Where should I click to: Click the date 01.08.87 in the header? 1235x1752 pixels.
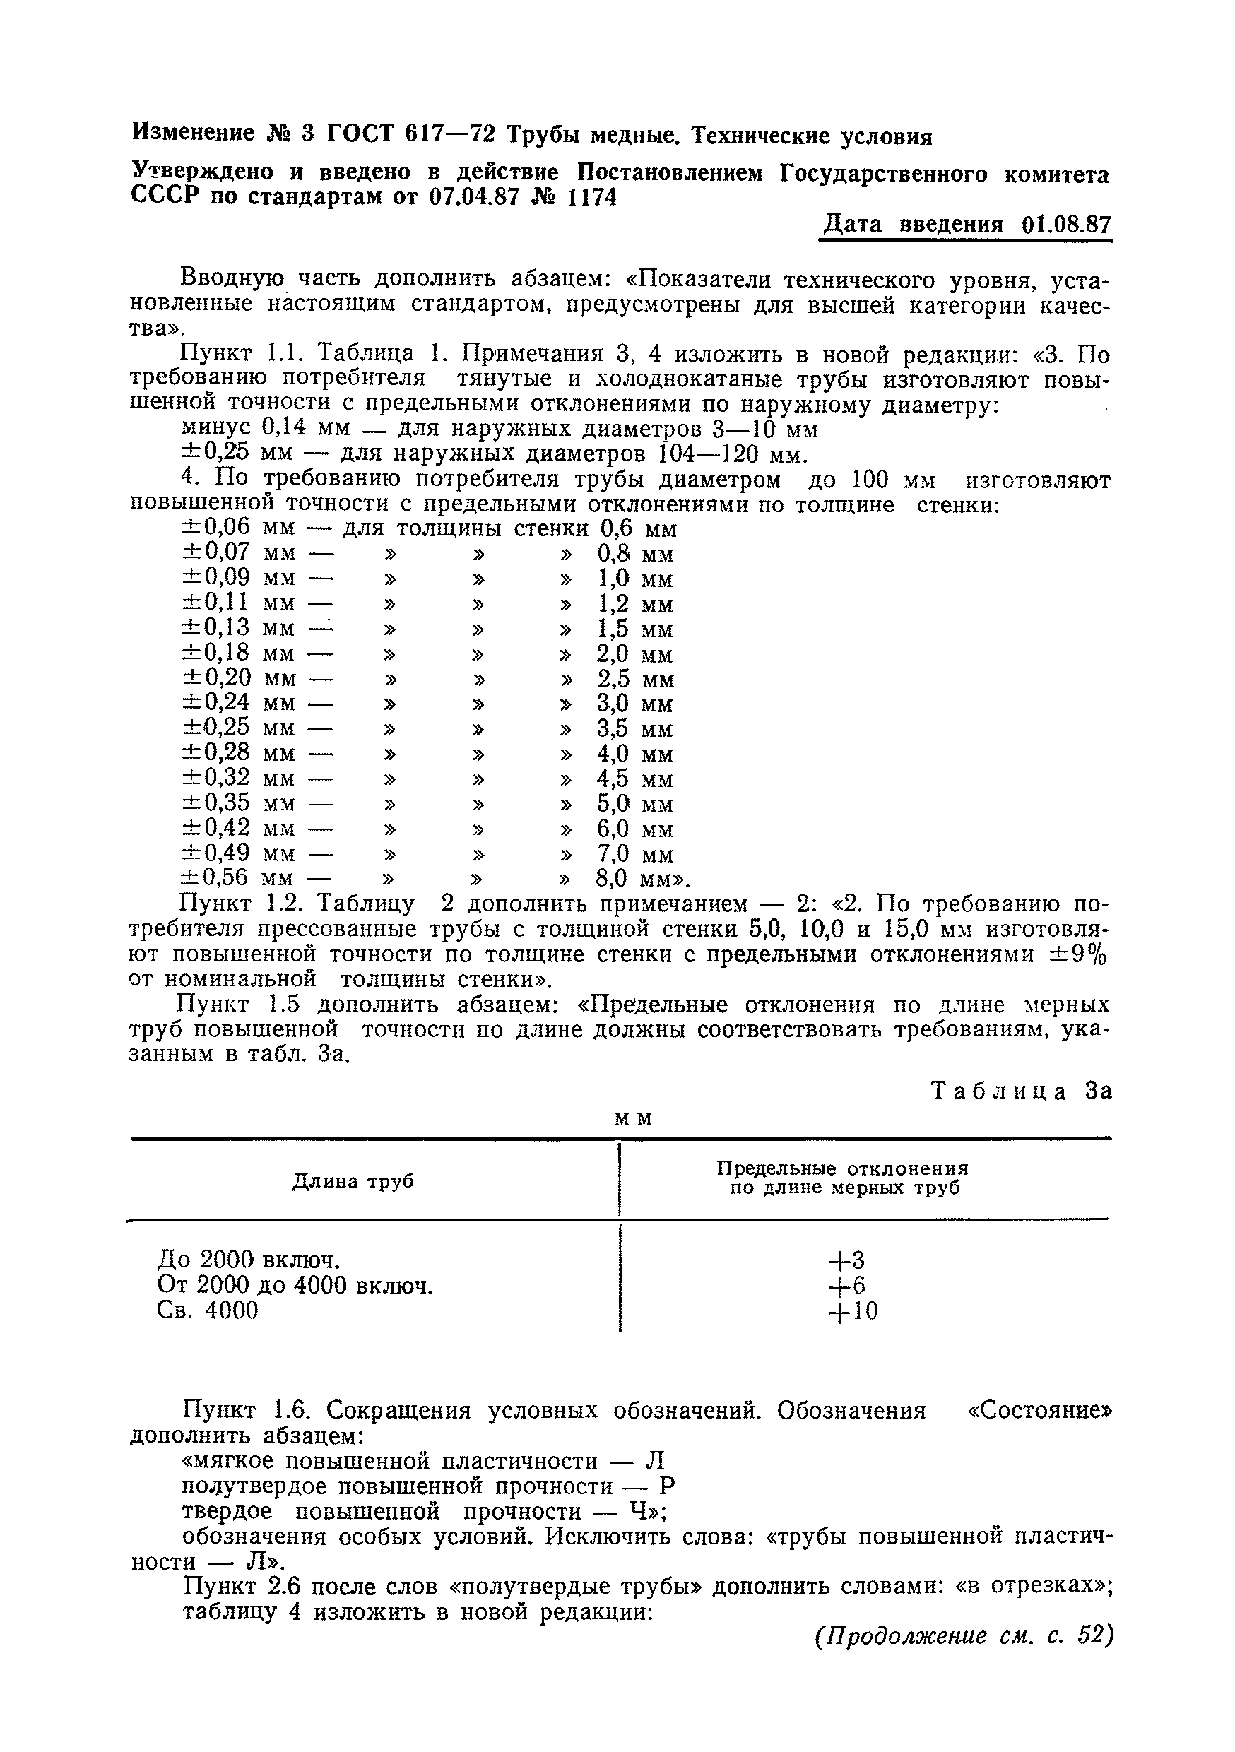(1065, 225)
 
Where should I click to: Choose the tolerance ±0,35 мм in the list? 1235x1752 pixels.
(238, 803)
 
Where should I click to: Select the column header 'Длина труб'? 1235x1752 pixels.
(353, 1182)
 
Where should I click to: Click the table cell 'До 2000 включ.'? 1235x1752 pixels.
(249, 1260)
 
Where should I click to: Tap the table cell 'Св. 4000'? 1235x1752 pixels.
(208, 1310)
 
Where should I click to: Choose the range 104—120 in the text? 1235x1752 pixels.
(710, 456)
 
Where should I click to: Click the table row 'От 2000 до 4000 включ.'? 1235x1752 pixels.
(295, 1286)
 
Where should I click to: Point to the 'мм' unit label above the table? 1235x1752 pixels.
(634, 1118)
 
